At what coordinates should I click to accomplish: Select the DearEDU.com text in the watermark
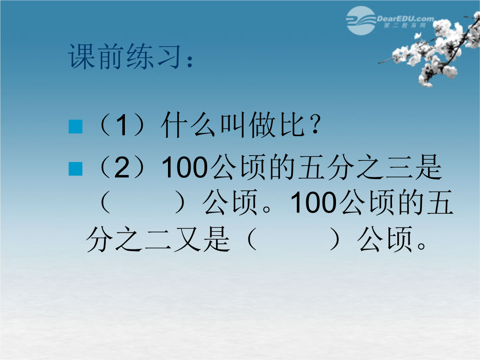tap(405, 19)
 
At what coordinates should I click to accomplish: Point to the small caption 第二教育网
tap(405, 25)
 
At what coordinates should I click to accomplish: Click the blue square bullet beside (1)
tap(75, 126)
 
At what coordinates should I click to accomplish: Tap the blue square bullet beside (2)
tap(75, 169)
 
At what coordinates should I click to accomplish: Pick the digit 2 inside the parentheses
tap(122, 167)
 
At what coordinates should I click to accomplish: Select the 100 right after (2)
tap(184, 167)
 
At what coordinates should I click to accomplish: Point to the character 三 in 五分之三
tap(398, 168)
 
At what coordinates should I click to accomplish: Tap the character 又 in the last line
tap(187, 240)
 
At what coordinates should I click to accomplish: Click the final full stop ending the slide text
tap(421, 245)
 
